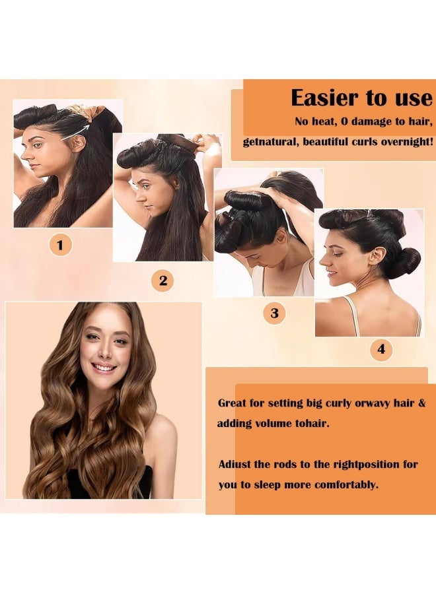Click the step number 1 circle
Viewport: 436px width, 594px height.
coord(60,245)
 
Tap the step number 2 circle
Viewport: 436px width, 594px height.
coord(163,280)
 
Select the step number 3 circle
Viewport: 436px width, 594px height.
coord(274,313)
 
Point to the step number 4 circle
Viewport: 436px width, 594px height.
coord(381,348)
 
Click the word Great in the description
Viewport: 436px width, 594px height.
coord(232,403)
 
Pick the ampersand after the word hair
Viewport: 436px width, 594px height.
coord(421,403)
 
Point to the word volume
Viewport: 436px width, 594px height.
coord(273,423)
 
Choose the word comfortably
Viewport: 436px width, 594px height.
coord(347,485)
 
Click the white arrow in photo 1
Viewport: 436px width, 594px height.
coord(76,132)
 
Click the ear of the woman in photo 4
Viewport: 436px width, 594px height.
coord(375,255)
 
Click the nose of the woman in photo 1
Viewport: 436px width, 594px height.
coord(24,154)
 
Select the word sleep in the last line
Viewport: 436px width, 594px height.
coord(268,485)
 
